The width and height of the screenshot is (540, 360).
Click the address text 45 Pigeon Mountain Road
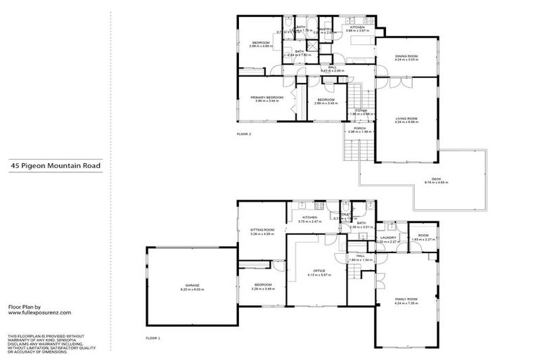pos(55,167)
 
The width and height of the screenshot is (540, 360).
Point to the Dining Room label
pos(406,58)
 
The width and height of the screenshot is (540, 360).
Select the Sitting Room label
pos(262,231)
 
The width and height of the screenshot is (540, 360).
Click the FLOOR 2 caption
pos(243,133)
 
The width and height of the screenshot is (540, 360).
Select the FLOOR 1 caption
pos(153,339)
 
